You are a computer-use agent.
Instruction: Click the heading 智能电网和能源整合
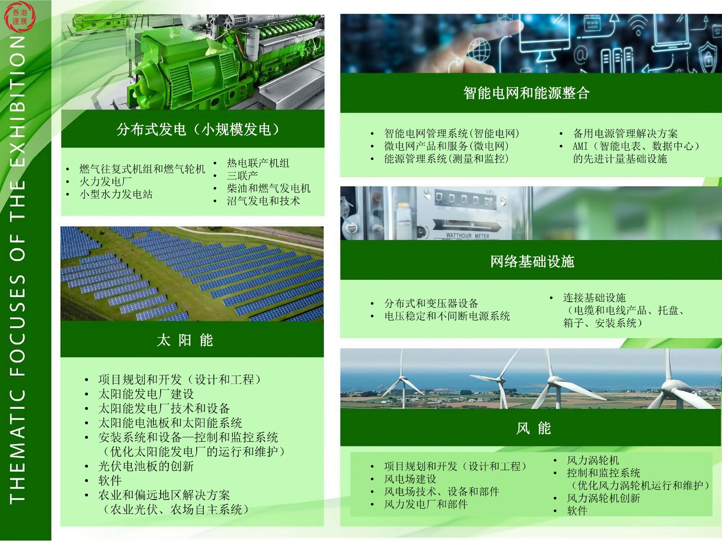tap(526, 93)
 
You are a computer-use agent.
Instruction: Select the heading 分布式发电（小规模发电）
tap(198, 129)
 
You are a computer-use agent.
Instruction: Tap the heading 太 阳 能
tap(185, 340)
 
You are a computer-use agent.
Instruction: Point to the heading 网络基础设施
tap(532, 261)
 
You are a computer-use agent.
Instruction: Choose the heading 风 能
tap(533, 428)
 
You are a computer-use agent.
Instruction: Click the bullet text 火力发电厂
tap(106, 181)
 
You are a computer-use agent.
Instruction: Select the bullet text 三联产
tap(242, 176)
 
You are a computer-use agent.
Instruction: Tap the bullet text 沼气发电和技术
tap(264, 201)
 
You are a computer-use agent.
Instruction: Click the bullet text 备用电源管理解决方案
tap(625, 133)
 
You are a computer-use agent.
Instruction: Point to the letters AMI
tap(580, 146)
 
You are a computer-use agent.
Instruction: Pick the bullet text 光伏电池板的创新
tap(146, 466)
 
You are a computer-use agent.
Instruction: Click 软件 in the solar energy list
tap(110, 481)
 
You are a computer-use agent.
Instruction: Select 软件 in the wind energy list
tap(577, 511)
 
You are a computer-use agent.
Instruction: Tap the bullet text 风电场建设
tap(410, 479)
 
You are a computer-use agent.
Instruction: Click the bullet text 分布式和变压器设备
tap(431, 303)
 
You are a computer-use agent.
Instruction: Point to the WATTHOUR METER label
tap(467, 235)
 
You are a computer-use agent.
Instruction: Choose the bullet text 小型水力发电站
tap(116, 194)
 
